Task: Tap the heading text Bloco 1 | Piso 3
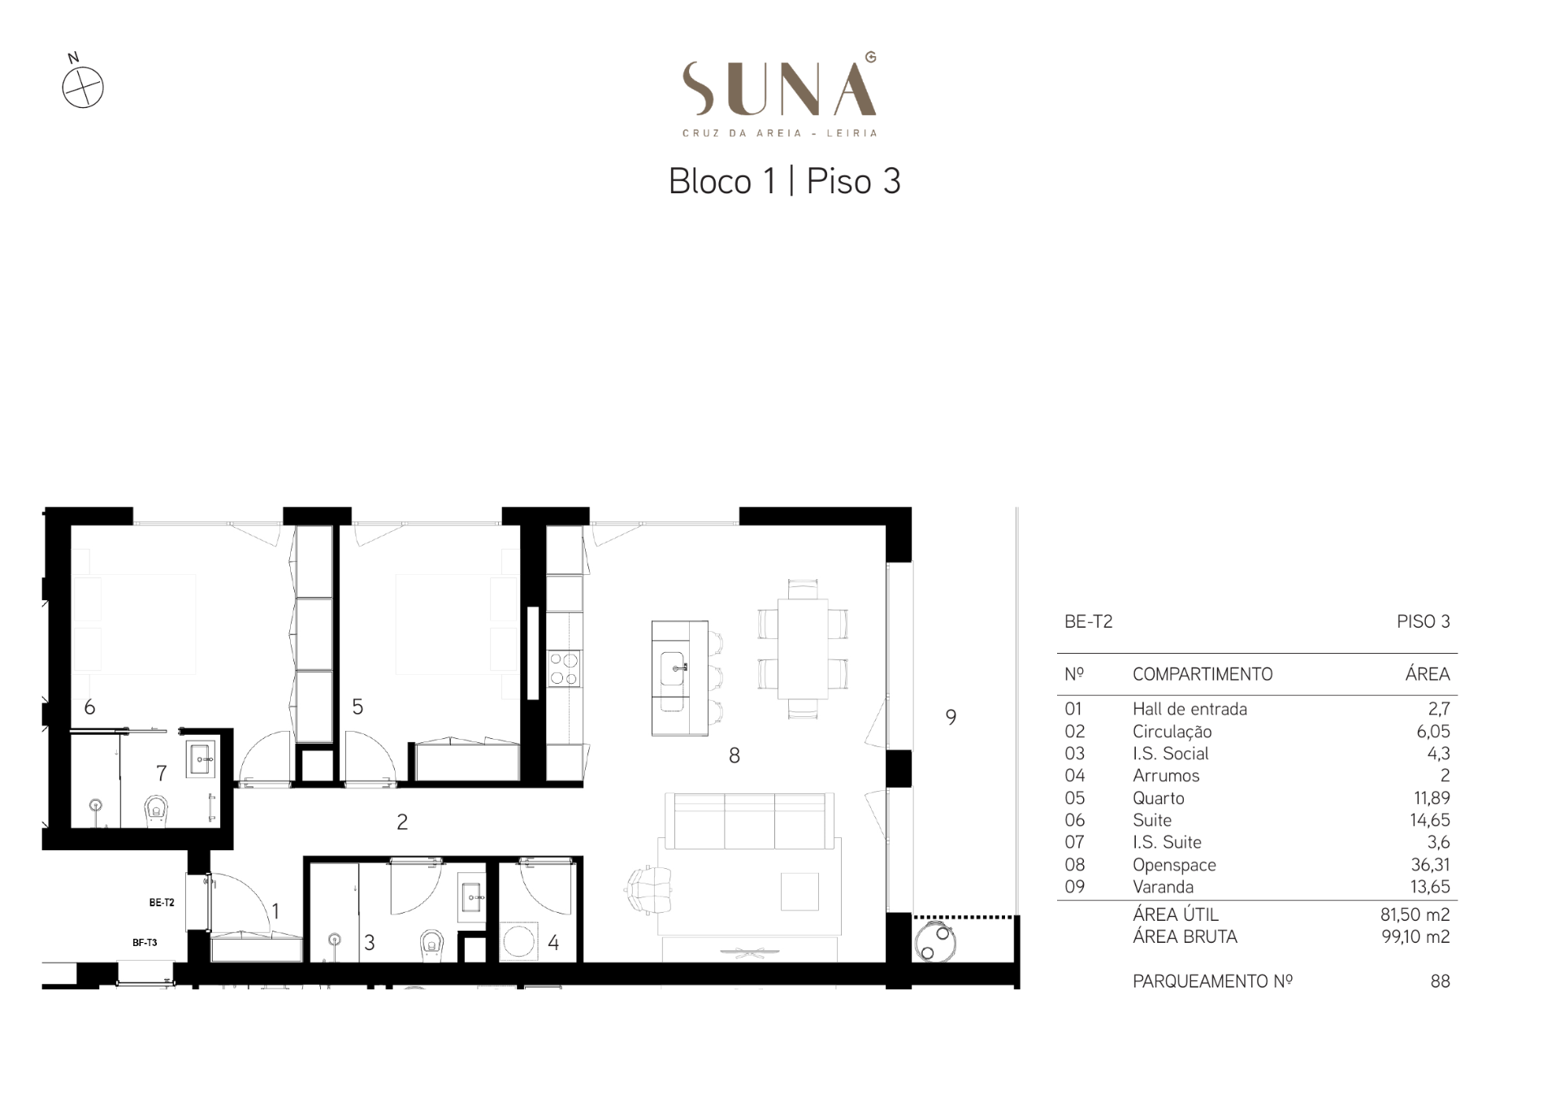784,181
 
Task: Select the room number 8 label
734,756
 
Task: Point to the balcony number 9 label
951,717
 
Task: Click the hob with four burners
564,668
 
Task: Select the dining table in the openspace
803,649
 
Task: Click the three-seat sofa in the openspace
749,820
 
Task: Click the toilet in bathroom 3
431,944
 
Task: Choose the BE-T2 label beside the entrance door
162,902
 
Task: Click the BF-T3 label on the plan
145,943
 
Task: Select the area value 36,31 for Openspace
1430,865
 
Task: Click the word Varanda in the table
1163,887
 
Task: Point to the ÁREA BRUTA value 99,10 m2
1415,936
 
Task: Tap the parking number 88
1440,981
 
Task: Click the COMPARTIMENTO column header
1202,674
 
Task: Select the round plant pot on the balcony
935,942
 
